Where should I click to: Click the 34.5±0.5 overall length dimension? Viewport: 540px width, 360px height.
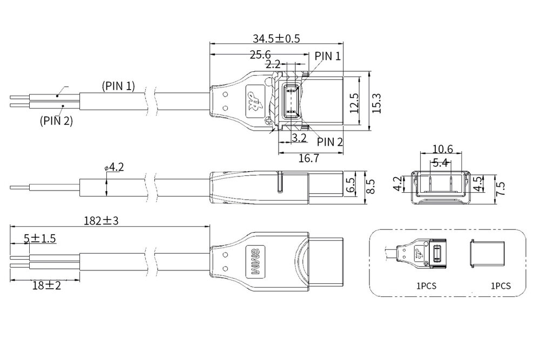click(276, 38)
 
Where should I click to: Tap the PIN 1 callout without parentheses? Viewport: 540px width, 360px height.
click(328, 56)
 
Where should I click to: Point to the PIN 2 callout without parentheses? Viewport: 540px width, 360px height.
click(329, 141)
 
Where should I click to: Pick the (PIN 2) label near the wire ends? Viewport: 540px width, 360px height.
click(56, 121)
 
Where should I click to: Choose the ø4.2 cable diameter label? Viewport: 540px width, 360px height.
click(114, 167)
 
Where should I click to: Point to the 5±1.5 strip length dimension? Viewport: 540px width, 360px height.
click(40, 238)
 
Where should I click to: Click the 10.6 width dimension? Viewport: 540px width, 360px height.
click(442, 149)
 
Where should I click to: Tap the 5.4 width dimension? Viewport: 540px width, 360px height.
click(441, 162)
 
